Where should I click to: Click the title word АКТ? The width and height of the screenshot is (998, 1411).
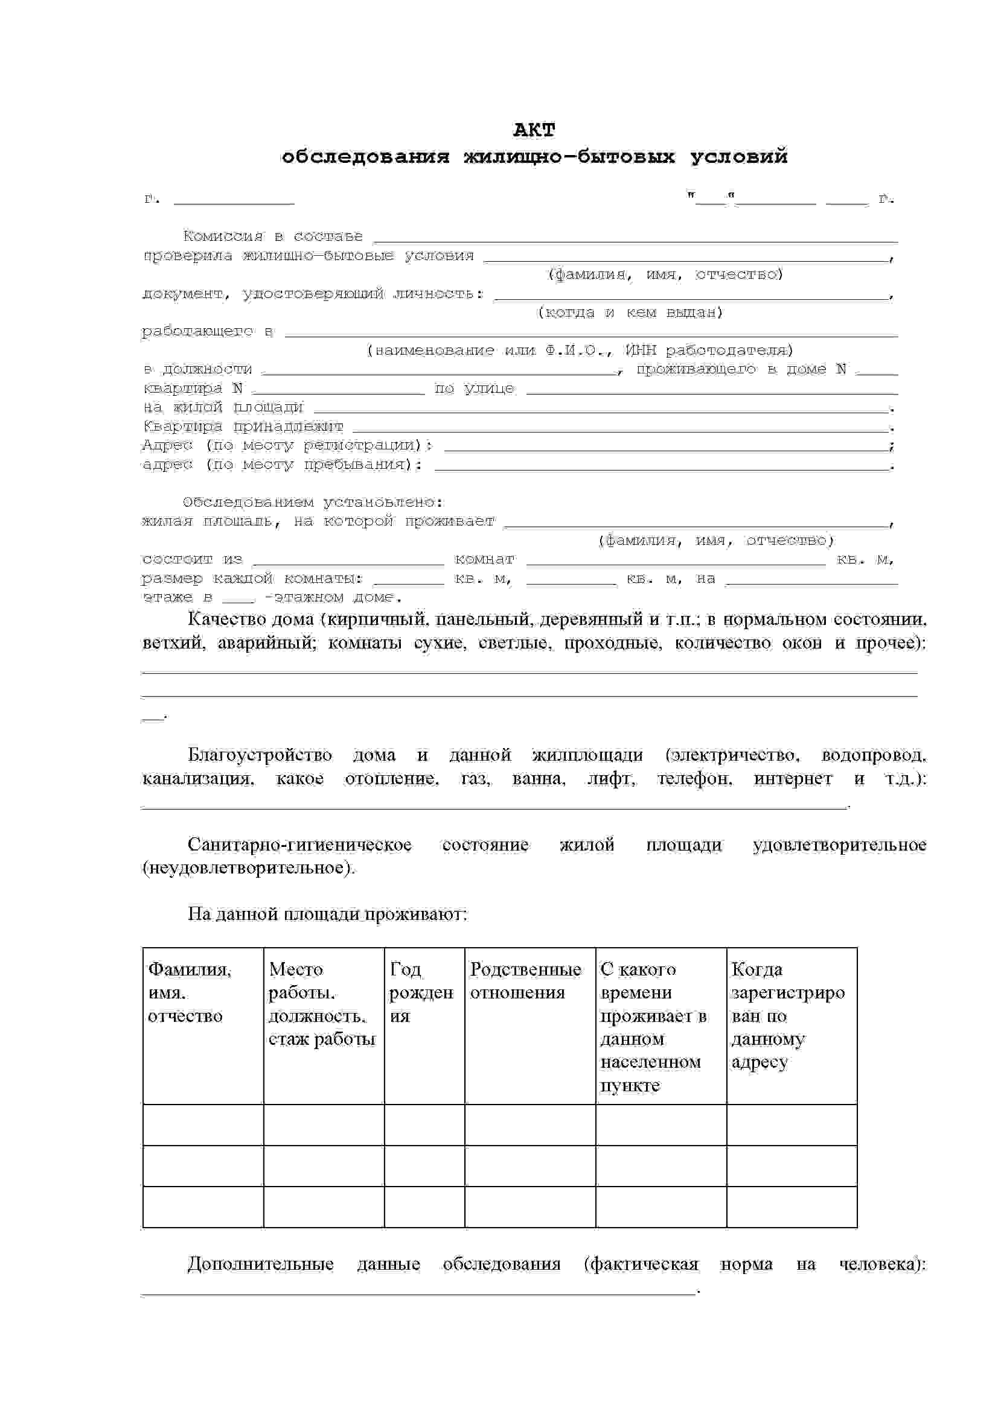click(534, 130)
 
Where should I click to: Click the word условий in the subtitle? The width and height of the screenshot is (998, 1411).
click(738, 157)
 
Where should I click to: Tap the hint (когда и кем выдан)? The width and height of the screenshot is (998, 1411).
click(630, 312)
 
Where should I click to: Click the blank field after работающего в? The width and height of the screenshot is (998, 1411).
click(590, 333)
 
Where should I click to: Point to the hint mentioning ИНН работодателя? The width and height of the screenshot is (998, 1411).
click(580, 350)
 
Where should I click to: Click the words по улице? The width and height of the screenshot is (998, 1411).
click(474, 388)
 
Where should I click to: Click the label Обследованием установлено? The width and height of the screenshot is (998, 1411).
click(313, 502)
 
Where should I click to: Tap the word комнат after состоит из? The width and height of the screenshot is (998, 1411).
click(485, 559)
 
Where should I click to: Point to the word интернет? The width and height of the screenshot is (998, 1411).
click(792, 779)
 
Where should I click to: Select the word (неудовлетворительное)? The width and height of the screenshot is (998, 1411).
click(248, 867)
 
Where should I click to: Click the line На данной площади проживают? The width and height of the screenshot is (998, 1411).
click(327, 914)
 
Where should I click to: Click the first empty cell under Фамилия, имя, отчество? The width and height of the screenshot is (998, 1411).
click(203, 1124)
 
